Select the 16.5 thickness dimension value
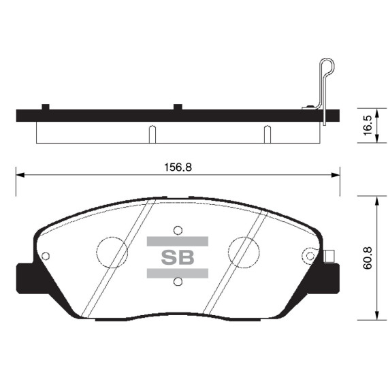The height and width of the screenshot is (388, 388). pos(368,126)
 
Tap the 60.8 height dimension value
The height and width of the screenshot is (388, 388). pos(368,259)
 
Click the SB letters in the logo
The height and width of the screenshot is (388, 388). pos(177,257)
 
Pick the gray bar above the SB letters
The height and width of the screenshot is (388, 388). pos(177,240)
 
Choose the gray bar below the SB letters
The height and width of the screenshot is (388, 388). pos(177,273)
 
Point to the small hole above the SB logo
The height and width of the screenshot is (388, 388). pos(178,229)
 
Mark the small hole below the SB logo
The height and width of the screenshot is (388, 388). pos(178,282)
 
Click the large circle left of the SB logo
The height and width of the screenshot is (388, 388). pos(112,253)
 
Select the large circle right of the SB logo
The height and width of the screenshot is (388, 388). pos(243,253)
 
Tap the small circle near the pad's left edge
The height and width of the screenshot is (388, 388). pos(46,256)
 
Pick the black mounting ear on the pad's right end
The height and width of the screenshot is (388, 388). pos(332,278)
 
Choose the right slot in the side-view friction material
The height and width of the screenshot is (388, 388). pos(267,134)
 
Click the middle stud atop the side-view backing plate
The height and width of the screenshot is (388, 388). pos(177,106)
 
